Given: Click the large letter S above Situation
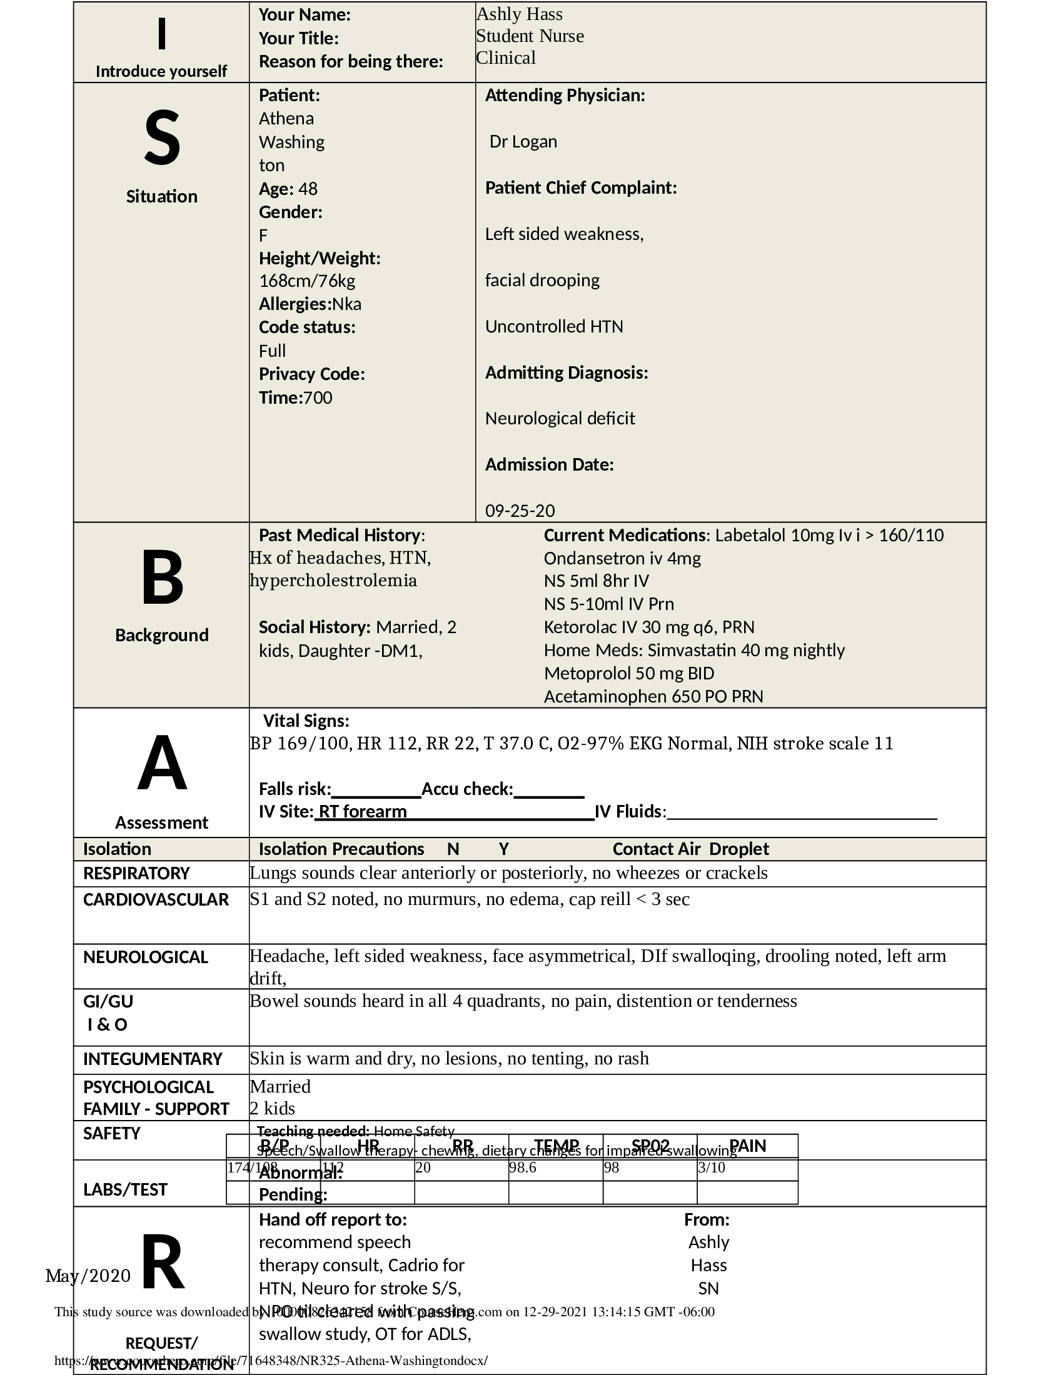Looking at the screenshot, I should click(x=162, y=138).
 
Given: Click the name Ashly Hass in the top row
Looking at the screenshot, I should click(x=519, y=14).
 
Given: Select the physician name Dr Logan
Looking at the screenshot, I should click(x=523, y=142).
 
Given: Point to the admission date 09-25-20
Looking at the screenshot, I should click(x=520, y=511).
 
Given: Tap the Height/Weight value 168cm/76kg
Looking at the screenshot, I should click(x=307, y=281).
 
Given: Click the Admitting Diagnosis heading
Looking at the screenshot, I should click(x=566, y=372).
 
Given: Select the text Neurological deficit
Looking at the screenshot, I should click(x=560, y=419).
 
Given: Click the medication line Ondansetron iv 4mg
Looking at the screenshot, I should click(x=622, y=558).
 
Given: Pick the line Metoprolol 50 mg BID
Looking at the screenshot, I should click(x=629, y=674).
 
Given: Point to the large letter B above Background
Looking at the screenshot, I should click(x=162, y=577).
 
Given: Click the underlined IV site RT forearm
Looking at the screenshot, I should click(x=362, y=811).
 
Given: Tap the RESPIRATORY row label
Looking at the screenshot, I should click(x=136, y=873).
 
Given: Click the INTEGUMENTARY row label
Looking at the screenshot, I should click(x=153, y=1059).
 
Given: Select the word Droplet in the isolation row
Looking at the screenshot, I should click(x=738, y=849).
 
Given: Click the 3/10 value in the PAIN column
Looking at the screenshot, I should click(x=712, y=1168).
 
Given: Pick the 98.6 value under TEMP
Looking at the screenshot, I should click(x=522, y=1168).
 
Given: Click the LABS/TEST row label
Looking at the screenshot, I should click(x=125, y=1189).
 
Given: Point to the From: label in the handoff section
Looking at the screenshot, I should click(x=707, y=1219).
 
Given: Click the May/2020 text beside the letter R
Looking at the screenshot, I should click(x=88, y=1276).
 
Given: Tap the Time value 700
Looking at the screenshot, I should click(x=318, y=398).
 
